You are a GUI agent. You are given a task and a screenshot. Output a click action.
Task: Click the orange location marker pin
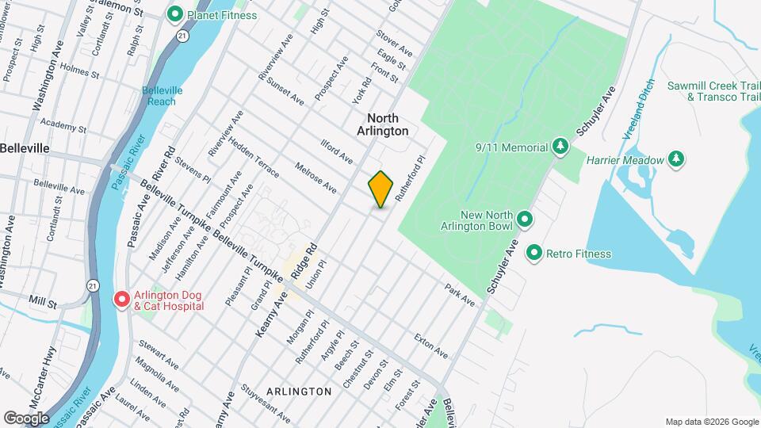381,189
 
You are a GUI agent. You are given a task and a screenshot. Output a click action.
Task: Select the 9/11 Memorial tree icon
560,147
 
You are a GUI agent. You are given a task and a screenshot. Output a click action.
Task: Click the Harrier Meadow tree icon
676,159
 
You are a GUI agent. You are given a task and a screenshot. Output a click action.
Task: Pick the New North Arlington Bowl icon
524,219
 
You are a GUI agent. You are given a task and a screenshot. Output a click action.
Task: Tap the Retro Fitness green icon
534,254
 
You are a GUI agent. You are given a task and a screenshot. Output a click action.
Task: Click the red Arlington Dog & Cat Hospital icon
122,300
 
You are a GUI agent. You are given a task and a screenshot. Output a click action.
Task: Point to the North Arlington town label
382,124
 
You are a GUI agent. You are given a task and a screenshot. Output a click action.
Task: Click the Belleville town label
25,148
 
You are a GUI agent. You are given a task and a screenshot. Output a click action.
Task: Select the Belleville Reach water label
163,96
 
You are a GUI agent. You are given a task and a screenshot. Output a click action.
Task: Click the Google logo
26,418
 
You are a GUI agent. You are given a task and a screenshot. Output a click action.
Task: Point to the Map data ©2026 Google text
710,421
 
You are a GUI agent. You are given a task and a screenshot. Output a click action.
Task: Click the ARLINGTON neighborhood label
299,392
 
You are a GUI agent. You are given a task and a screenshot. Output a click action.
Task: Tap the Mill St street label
43,303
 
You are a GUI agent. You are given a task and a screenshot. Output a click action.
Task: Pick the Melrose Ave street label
315,178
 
